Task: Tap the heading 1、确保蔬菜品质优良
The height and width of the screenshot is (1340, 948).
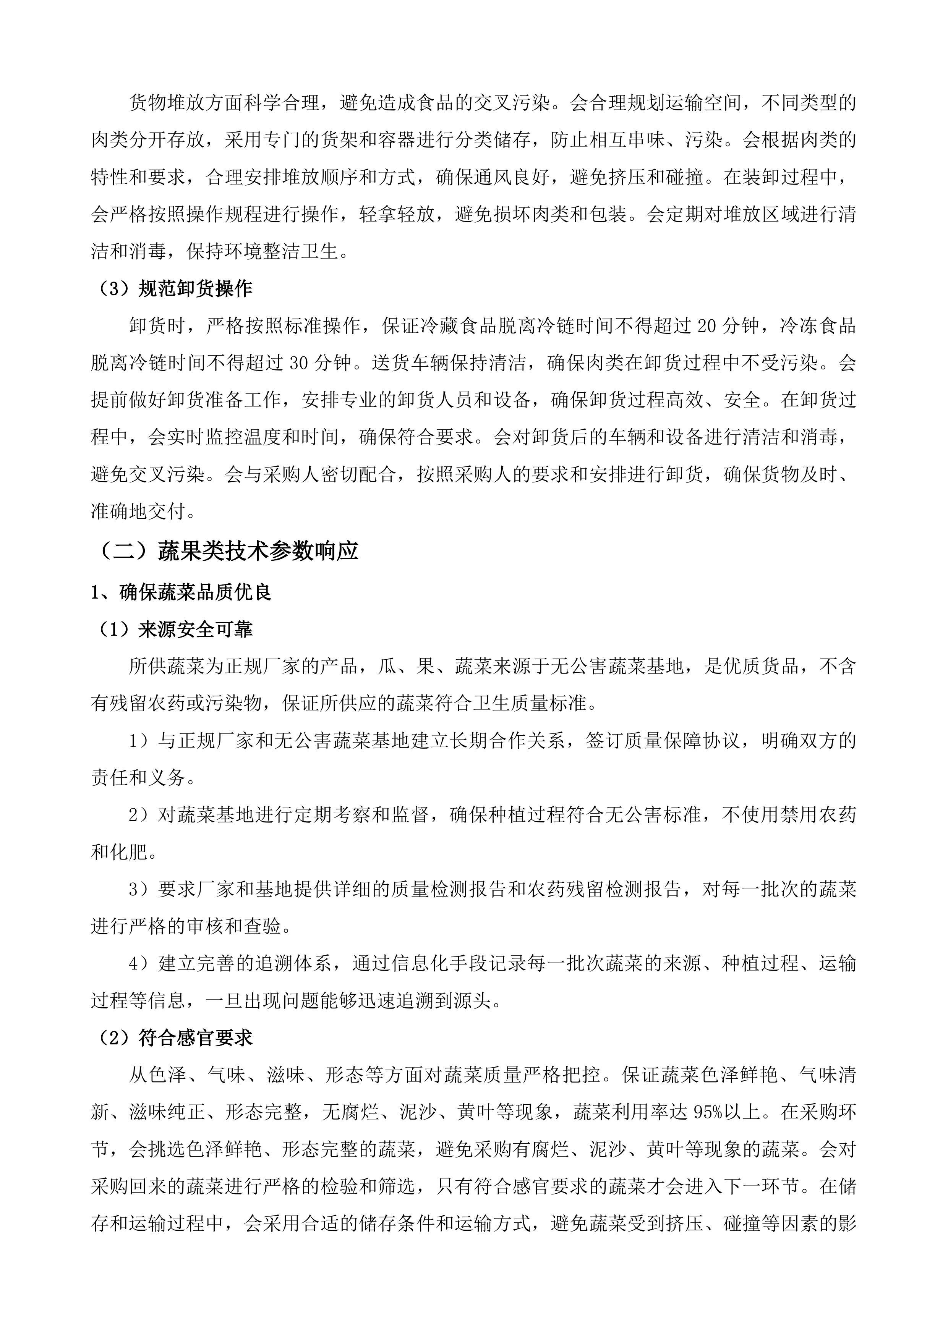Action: coord(181,592)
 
